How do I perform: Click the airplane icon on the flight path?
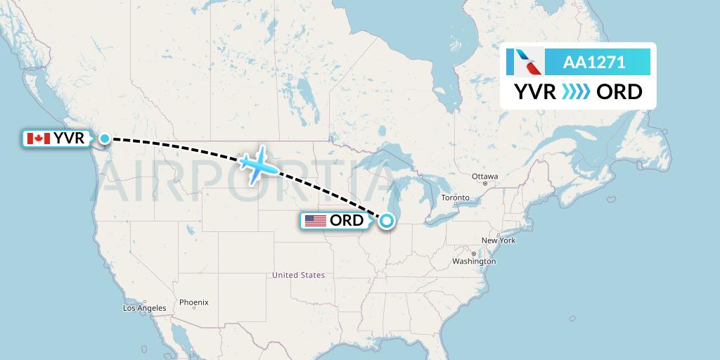pos(258,164)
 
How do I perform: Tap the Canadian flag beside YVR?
pos(38,139)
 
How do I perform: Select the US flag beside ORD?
pos(316,221)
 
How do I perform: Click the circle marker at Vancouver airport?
pos(105,139)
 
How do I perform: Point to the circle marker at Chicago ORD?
pos(387,221)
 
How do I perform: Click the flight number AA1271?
pos(594,63)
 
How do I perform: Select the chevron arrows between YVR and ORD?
pos(577,91)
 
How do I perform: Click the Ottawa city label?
pos(485,176)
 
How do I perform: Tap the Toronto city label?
pos(455,198)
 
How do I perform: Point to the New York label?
pos(499,240)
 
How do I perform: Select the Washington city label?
pos(475,261)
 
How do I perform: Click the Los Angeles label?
pos(145,308)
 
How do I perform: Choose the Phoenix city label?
pos(193,302)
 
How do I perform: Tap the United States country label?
pos(299,275)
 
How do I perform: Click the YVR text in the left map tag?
pos(69,139)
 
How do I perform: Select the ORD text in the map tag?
pos(347,221)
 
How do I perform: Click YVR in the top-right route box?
pos(536,91)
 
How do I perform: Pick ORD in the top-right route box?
pos(619,91)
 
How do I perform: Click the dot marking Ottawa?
pos(485,183)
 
